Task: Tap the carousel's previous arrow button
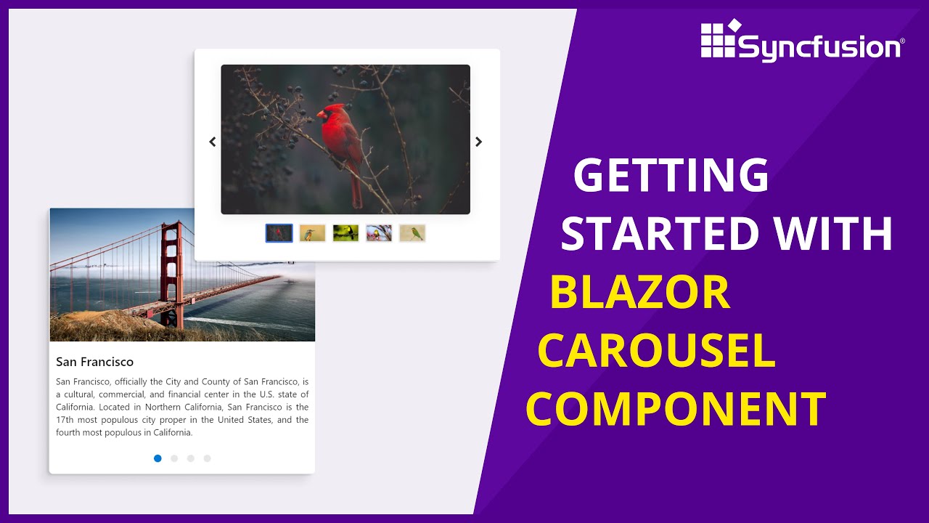[x=213, y=142]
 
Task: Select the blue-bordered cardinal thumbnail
[x=279, y=233]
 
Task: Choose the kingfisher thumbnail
[x=312, y=233]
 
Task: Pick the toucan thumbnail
[x=345, y=233]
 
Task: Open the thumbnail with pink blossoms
[x=379, y=233]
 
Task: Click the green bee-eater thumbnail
[x=412, y=233]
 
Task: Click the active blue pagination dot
[x=157, y=458]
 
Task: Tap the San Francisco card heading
[x=94, y=362]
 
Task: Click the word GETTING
[x=671, y=177]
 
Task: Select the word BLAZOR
[x=639, y=292]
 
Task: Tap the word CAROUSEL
[x=656, y=351]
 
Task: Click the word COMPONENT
[x=676, y=409]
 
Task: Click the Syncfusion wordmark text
[x=820, y=48]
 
